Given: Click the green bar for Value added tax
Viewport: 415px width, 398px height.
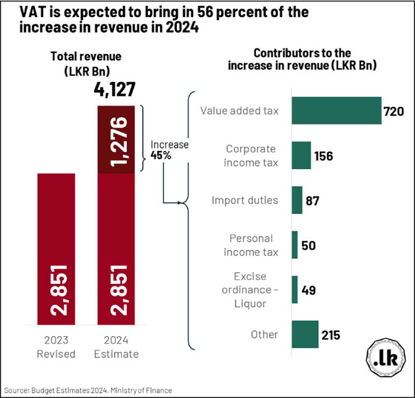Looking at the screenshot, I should pyautogui.click(x=336, y=111).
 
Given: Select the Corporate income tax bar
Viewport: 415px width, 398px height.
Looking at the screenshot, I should pyautogui.click(x=301, y=156).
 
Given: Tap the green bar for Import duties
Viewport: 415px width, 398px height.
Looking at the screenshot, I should pyautogui.click(x=297, y=200).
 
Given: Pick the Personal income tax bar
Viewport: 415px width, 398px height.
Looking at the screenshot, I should pyautogui.click(x=295, y=245).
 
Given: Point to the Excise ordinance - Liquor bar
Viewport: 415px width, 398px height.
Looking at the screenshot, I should pyautogui.click(x=295, y=290).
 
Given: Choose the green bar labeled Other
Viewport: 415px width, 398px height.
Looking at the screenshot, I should pyautogui.click(x=305, y=334).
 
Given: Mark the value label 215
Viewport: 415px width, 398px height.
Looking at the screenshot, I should pyautogui.click(x=331, y=335).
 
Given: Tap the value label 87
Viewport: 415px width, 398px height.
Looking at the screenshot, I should pyautogui.click(x=312, y=201).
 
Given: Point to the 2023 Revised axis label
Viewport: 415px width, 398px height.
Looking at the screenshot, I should pyautogui.click(x=56, y=348).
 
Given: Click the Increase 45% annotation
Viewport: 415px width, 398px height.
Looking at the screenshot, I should pyautogui.click(x=169, y=150).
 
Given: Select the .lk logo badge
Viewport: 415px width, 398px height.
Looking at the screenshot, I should pyautogui.click(x=385, y=359).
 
